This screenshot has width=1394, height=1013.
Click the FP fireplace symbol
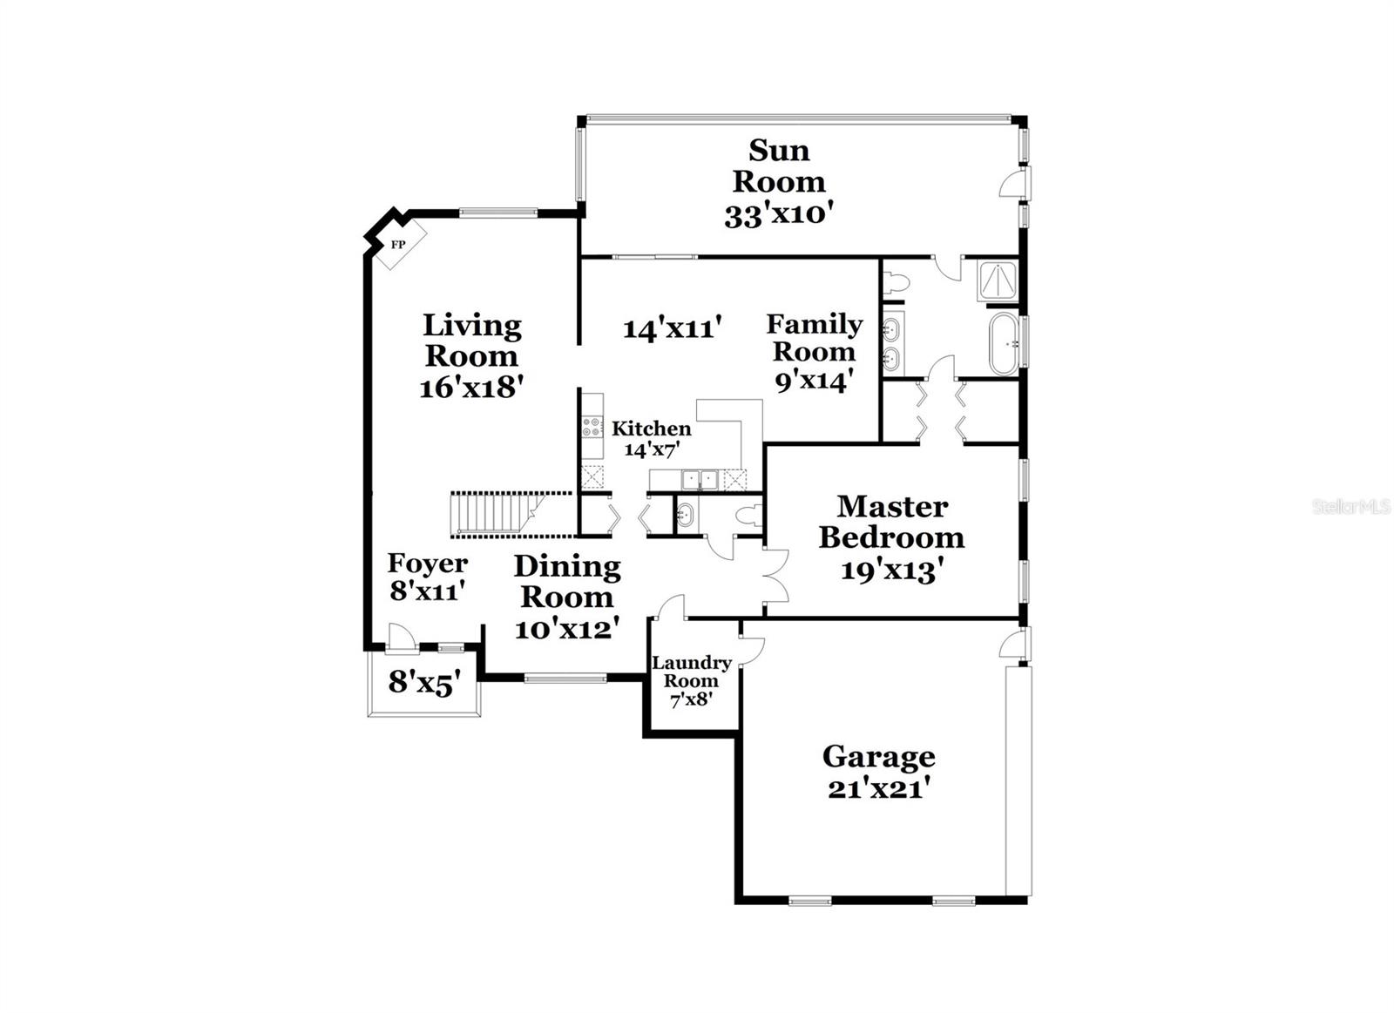pos(397,244)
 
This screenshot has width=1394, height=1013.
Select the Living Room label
pos(471,341)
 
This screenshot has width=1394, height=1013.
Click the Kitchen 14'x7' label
pos(651,438)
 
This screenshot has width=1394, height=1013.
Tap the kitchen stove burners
pos(592,427)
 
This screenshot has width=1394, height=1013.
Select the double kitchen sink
pos(700,479)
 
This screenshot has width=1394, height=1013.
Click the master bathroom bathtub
pos(1004,344)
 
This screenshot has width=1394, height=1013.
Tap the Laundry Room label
pos(692,672)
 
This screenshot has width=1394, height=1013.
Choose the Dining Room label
pos(567,581)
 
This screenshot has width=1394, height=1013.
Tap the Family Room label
pos(814,338)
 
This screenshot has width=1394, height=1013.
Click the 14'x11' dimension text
pos(673,329)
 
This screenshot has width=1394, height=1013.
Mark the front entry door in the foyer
pos(400,638)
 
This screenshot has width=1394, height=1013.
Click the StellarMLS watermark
pos(1350,506)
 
